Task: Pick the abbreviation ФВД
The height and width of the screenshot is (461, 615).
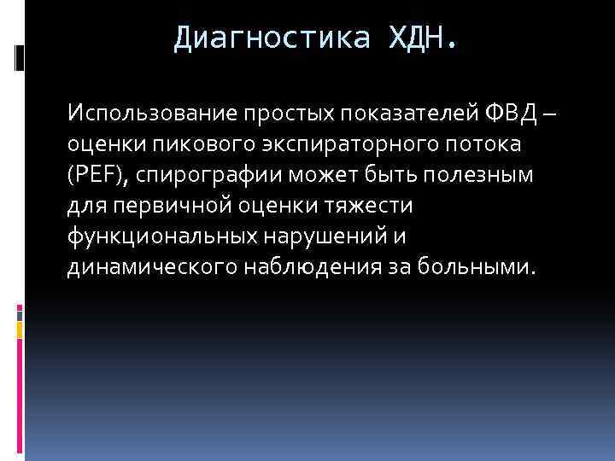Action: coord(513,114)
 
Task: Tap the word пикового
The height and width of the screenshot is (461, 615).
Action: coord(184,144)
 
